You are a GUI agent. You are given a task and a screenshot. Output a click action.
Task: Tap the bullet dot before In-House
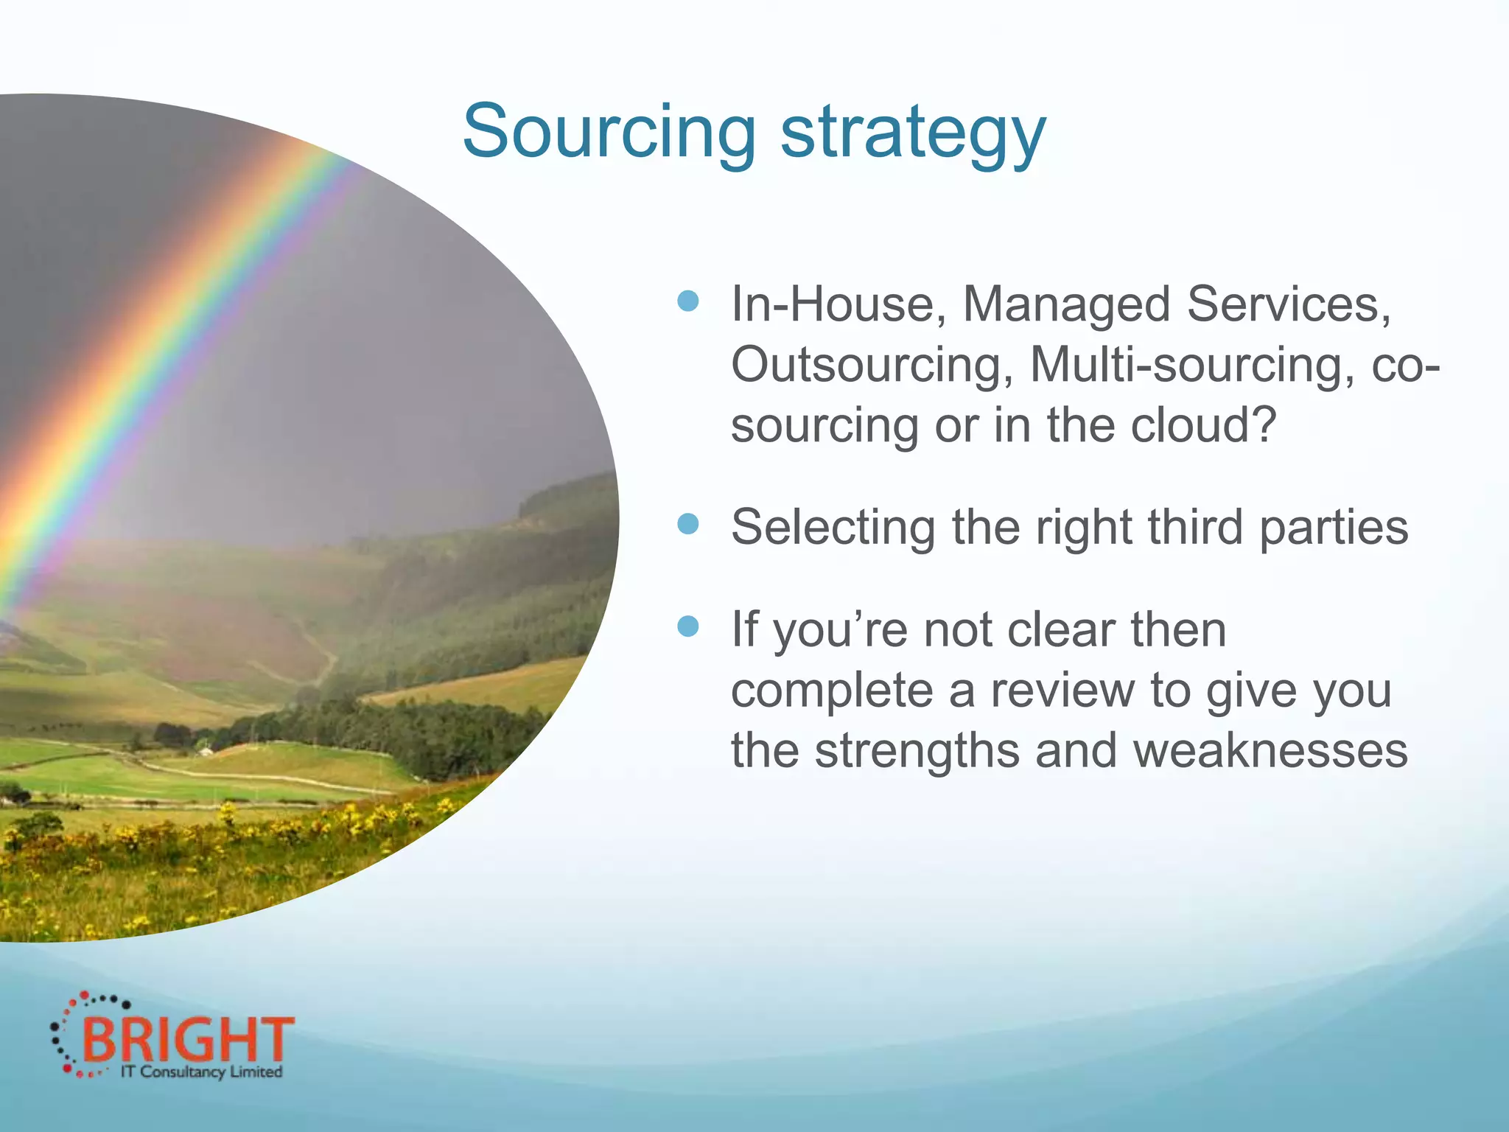687,301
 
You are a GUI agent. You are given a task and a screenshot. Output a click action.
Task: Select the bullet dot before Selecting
687,524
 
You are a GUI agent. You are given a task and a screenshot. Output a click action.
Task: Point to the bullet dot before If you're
687,626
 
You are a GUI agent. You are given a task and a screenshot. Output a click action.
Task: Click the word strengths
917,752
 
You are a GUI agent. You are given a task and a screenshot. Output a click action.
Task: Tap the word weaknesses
1270,750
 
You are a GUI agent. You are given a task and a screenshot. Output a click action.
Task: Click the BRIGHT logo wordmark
188,1040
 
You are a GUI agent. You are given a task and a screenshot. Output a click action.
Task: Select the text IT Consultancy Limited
201,1072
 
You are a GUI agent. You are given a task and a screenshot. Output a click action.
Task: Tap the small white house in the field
207,751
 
